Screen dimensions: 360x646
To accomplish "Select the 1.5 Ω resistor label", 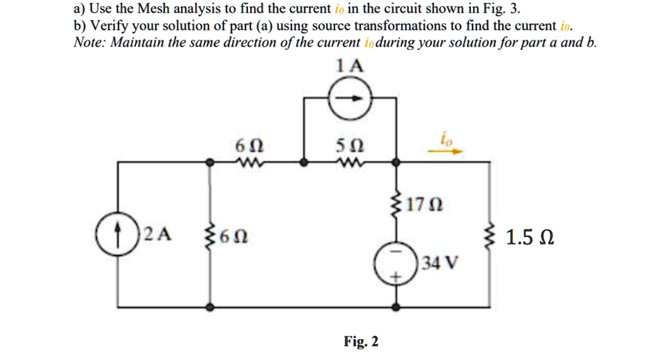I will (531, 238).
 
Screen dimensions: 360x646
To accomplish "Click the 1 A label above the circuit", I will (351, 66).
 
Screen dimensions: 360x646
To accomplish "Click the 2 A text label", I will (156, 236).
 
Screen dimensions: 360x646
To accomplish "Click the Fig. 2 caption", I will (361, 341).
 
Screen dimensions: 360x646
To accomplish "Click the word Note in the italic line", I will (88, 43).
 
